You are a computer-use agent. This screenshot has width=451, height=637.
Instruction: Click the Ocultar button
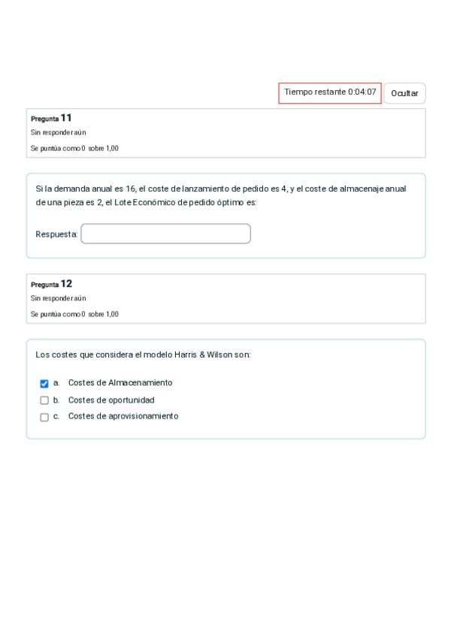pyautogui.click(x=404, y=93)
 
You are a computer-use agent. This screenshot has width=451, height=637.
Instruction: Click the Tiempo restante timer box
pyautogui.click(x=330, y=92)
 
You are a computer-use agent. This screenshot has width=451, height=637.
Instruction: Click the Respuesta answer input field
pyautogui.click(x=165, y=234)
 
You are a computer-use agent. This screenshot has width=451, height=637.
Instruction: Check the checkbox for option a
pyautogui.click(x=44, y=383)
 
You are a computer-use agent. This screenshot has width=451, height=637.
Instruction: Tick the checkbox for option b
pyautogui.click(x=44, y=400)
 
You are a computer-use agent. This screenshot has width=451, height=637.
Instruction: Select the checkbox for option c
pyautogui.click(x=44, y=417)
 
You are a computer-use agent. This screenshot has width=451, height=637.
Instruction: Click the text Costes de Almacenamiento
pyautogui.click(x=120, y=383)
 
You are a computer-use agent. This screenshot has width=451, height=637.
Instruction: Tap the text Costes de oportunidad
pyautogui.click(x=111, y=400)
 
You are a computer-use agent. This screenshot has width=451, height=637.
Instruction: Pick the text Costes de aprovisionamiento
pyautogui.click(x=123, y=416)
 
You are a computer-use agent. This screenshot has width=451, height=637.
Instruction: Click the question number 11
pyautogui.click(x=66, y=118)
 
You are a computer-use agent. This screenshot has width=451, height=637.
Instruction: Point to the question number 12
pyautogui.click(x=66, y=284)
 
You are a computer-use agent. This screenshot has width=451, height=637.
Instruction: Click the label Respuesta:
pyautogui.click(x=56, y=234)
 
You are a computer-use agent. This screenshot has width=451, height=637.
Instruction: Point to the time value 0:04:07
pyautogui.click(x=362, y=92)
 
